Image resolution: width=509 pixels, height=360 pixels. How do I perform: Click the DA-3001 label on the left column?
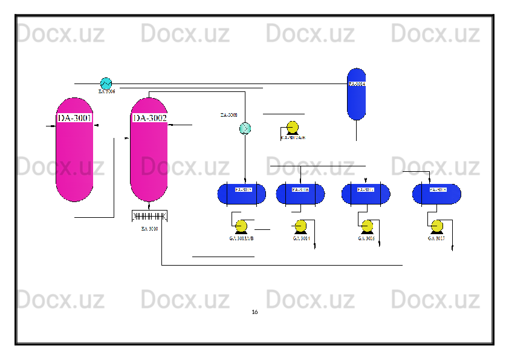tap(74, 117)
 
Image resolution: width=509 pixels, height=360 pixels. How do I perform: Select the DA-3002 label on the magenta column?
tap(149, 117)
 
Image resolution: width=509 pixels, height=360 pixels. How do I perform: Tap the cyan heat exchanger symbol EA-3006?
tap(106, 82)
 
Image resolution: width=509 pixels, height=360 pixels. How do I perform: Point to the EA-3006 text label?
tap(107, 92)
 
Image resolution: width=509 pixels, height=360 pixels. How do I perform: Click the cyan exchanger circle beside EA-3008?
tap(245, 128)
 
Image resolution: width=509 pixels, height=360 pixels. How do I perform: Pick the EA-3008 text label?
tap(229, 114)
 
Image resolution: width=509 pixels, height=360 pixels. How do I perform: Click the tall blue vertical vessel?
tap(357, 94)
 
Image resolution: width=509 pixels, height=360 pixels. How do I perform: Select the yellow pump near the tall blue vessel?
tap(292, 128)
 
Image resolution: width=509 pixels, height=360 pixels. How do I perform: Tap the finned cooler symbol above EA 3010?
tap(149, 216)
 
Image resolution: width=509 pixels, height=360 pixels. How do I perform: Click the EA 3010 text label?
tap(149, 229)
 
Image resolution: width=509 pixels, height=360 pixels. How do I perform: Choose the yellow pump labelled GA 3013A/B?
tap(241, 227)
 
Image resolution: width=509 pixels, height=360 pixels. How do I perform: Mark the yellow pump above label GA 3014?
tap(300, 227)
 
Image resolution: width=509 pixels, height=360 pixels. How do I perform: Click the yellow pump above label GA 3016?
tap(367, 227)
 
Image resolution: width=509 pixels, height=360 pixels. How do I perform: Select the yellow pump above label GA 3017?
tap(436, 227)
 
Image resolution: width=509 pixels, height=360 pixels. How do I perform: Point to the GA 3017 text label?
tap(436, 239)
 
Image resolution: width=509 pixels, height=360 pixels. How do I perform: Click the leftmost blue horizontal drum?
tap(241, 194)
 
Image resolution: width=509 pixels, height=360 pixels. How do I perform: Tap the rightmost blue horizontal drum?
tap(436, 194)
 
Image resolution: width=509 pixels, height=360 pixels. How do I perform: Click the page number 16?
tap(254, 312)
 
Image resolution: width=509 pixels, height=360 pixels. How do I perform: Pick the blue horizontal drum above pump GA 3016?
tap(366, 194)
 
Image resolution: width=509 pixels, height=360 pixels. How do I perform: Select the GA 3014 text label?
tap(301, 239)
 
